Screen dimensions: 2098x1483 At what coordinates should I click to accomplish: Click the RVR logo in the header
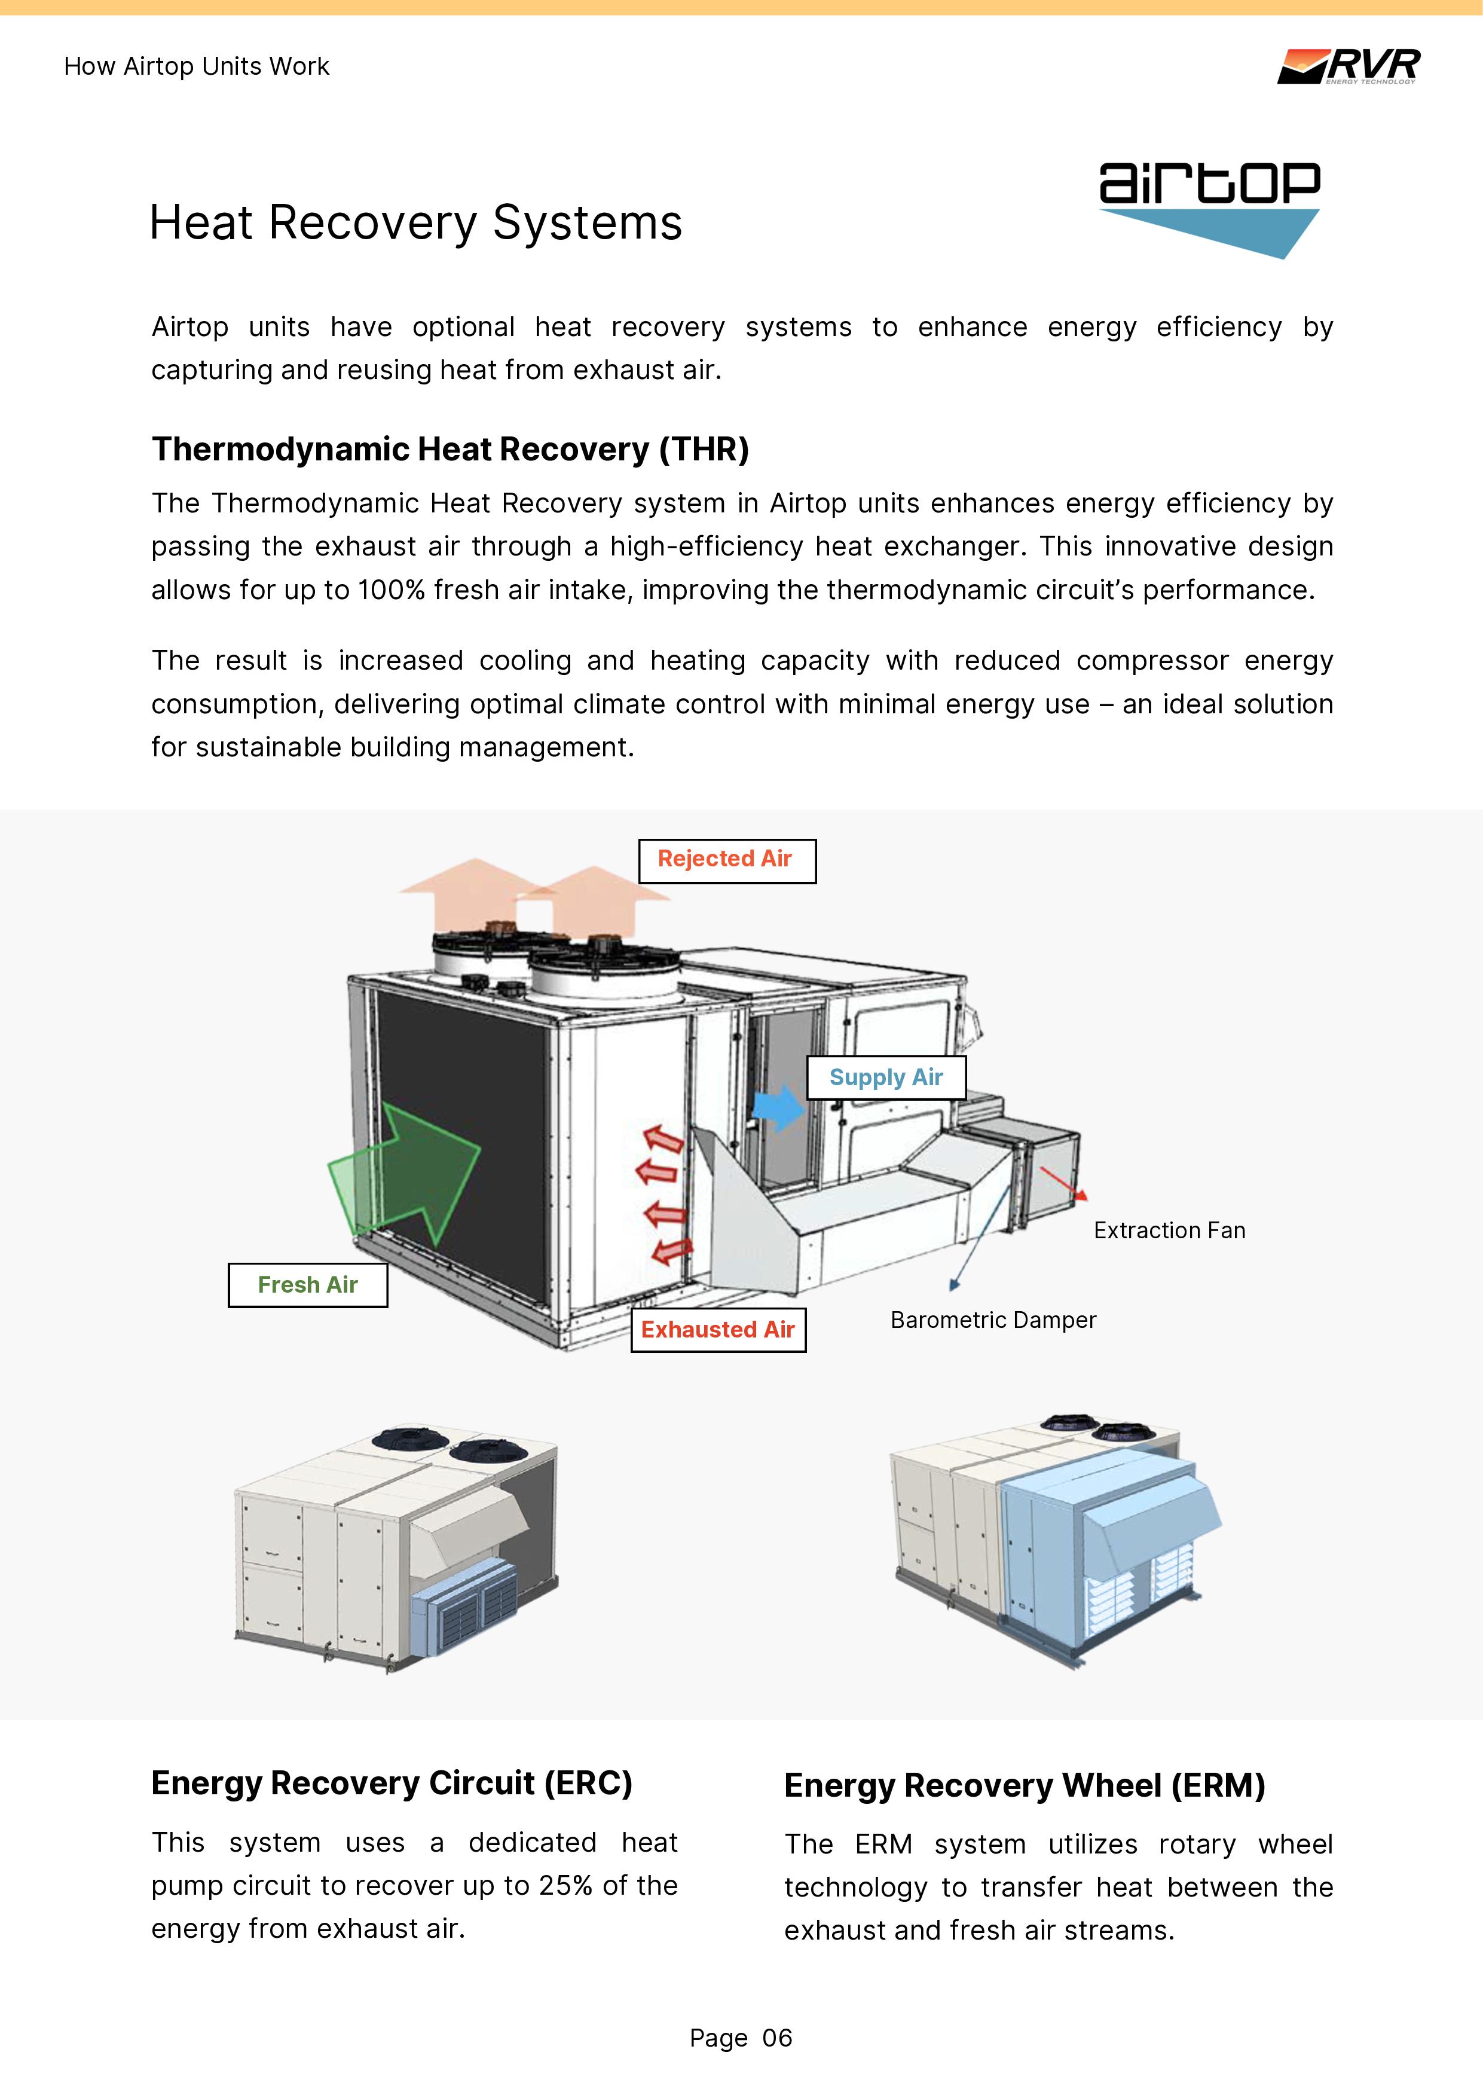(1348, 66)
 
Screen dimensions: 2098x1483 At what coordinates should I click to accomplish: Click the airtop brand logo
(1209, 208)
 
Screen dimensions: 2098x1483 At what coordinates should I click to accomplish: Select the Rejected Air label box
(726, 860)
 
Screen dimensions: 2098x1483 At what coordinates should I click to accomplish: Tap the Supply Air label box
(885, 1077)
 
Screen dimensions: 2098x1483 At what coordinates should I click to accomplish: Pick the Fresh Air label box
(308, 1285)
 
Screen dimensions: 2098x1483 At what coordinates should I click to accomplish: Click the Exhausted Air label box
(718, 1330)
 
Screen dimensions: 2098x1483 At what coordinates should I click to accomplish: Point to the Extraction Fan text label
(1169, 1231)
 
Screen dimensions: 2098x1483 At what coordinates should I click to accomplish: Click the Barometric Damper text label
(993, 1320)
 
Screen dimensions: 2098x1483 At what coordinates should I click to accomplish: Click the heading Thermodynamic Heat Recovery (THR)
(450, 450)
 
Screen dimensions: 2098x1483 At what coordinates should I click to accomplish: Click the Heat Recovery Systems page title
(416, 223)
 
